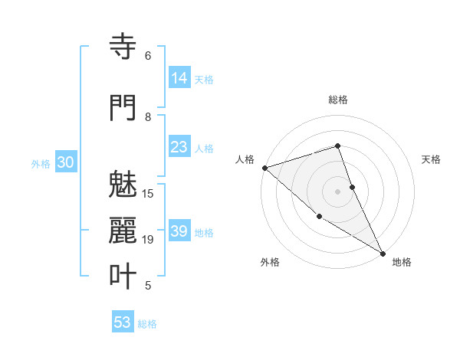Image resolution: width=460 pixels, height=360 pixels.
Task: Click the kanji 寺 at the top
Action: [x=123, y=47]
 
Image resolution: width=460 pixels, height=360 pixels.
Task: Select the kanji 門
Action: [x=123, y=108]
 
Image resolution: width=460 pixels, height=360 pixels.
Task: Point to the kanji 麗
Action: [x=123, y=231]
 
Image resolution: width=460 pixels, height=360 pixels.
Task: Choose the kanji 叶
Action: [x=123, y=277]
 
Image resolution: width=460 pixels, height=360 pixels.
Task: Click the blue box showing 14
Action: [x=179, y=77]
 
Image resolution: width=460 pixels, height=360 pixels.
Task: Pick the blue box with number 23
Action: [x=179, y=147]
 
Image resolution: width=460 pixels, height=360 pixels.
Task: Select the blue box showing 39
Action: [x=179, y=231]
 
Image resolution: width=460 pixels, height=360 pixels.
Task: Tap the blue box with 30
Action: [x=65, y=162]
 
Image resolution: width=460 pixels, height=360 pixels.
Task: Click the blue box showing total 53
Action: [x=122, y=322]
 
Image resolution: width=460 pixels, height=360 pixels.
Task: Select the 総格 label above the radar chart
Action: [x=337, y=100]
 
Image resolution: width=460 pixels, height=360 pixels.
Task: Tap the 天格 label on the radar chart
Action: [x=432, y=159]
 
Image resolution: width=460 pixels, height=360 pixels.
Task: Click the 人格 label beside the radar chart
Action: [x=245, y=159]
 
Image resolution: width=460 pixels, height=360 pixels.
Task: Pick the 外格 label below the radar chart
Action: [x=269, y=262]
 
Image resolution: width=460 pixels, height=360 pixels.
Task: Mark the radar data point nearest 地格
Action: [x=383, y=253]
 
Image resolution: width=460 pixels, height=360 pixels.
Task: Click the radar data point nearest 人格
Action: [x=264, y=167]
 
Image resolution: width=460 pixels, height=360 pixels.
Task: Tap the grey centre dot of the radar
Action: [x=337, y=191]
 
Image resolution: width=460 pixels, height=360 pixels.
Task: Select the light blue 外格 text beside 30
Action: [x=41, y=163]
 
